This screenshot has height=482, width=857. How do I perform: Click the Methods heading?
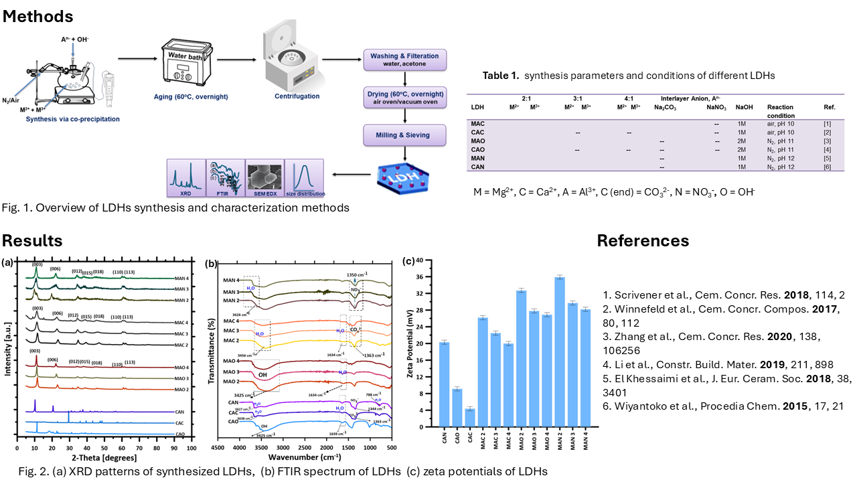(38, 15)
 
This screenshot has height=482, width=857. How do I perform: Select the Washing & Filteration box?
(404, 60)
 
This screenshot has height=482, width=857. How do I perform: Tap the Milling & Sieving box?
(404, 135)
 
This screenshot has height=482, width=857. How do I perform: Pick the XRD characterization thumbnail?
(185, 177)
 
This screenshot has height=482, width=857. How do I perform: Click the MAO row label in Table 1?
(478, 141)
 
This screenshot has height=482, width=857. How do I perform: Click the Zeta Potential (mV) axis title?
(409, 343)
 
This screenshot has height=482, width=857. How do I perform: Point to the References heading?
(643, 240)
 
